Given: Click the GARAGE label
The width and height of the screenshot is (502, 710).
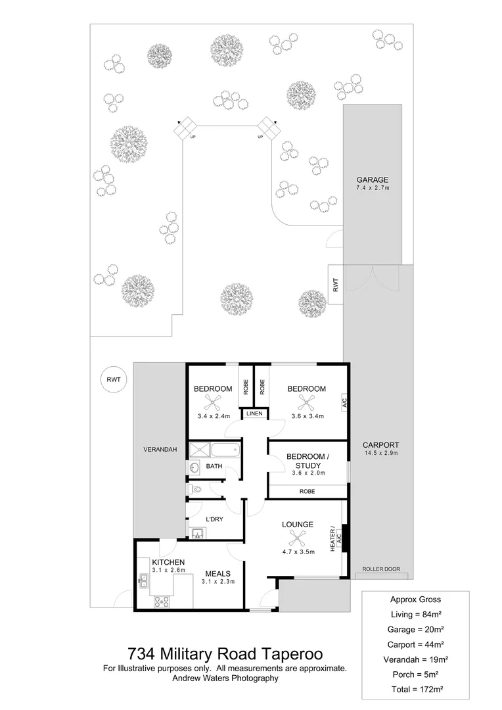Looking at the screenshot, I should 372,179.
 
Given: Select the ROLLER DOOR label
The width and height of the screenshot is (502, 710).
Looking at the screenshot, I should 380,569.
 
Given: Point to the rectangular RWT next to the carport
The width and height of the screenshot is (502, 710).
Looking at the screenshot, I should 335,285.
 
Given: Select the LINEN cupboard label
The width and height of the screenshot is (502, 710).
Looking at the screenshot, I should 254,414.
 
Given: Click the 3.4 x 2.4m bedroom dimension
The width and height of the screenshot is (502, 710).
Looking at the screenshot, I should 213,415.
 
